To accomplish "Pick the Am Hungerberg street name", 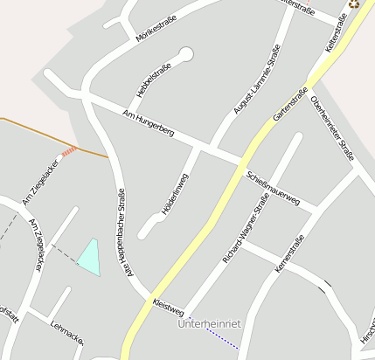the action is pos(149,123).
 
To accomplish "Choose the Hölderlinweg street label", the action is pos(176,194).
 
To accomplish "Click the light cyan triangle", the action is pos(90,256).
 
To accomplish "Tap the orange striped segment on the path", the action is pos(69,150).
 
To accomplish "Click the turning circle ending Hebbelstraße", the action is pos(186,54).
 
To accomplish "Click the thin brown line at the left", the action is pos(26,126).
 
